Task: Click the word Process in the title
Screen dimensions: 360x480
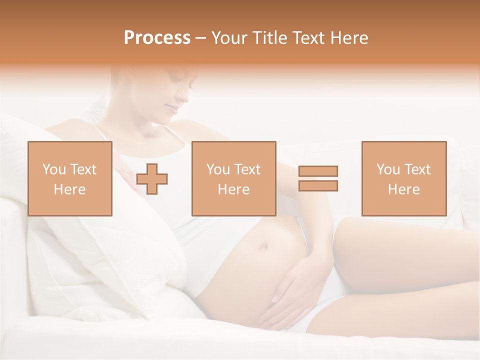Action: [157, 38]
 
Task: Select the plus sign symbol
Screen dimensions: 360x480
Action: [152, 179]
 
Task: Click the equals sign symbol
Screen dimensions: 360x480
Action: [318, 178]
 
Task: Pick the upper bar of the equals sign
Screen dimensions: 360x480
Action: [318, 171]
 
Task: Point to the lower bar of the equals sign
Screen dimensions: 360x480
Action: [318, 186]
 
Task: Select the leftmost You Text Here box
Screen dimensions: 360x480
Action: [70, 178]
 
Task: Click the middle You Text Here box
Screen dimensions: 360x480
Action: [233, 178]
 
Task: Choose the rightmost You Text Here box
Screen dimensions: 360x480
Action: [403, 178]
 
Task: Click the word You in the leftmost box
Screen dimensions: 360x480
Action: [53, 169]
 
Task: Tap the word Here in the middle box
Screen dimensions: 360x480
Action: [233, 189]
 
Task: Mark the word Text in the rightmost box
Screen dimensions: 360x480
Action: [417, 169]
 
